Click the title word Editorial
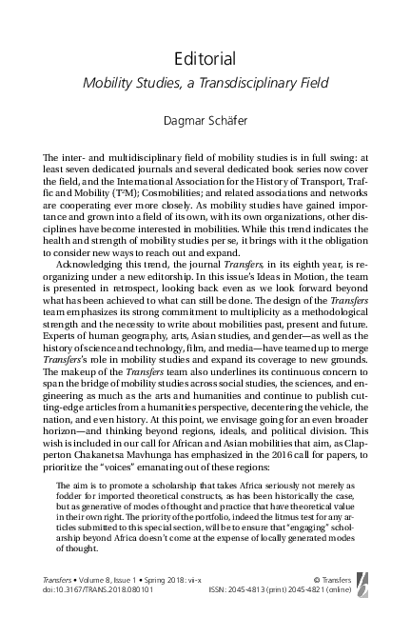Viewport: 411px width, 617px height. pos(205,60)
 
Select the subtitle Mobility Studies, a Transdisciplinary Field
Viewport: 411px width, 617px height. pos(205,84)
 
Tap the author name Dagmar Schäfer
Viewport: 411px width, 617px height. pos(205,119)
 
